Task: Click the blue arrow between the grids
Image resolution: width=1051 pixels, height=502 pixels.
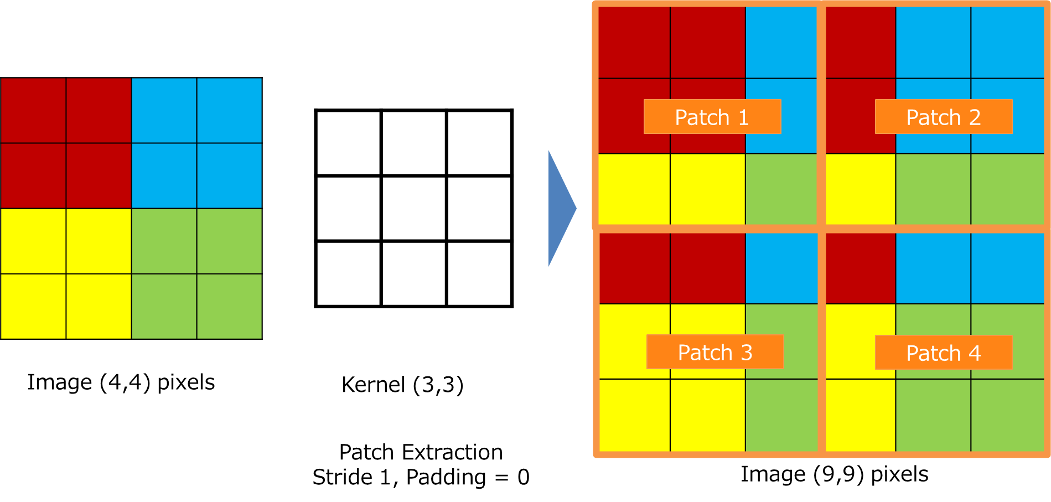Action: tap(561, 209)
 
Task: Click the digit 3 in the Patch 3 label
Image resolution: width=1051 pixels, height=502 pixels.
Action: tap(747, 353)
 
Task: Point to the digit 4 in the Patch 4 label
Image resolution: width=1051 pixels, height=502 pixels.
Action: tap(975, 353)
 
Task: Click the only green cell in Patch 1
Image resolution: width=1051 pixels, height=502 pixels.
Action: tap(781, 189)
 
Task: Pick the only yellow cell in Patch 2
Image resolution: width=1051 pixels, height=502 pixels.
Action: tap(860, 189)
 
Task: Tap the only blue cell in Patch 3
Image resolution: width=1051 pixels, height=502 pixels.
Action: tap(781, 268)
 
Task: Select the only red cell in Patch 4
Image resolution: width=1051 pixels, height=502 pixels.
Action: tap(860, 268)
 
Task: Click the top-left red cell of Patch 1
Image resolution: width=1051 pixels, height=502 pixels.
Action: tap(634, 42)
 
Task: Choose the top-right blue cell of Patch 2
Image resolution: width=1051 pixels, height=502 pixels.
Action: tap(1007, 42)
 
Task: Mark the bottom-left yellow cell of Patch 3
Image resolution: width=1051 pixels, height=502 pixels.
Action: tap(634, 415)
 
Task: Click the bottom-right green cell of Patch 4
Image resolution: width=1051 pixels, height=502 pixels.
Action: tap(1007, 415)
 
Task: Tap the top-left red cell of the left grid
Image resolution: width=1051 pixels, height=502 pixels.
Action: tap(33, 111)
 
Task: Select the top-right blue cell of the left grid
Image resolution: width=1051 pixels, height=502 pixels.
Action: tap(229, 111)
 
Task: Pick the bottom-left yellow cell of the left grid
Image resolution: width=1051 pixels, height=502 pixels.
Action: tap(33, 306)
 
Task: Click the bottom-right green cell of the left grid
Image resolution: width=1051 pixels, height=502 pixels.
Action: tap(229, 306)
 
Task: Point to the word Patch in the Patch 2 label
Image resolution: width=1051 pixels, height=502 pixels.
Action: tap(933, 117)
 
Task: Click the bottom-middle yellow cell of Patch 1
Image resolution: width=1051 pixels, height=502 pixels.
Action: tap(707, 189)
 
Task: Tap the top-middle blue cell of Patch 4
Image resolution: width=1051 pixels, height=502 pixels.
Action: tap(933, 268)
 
